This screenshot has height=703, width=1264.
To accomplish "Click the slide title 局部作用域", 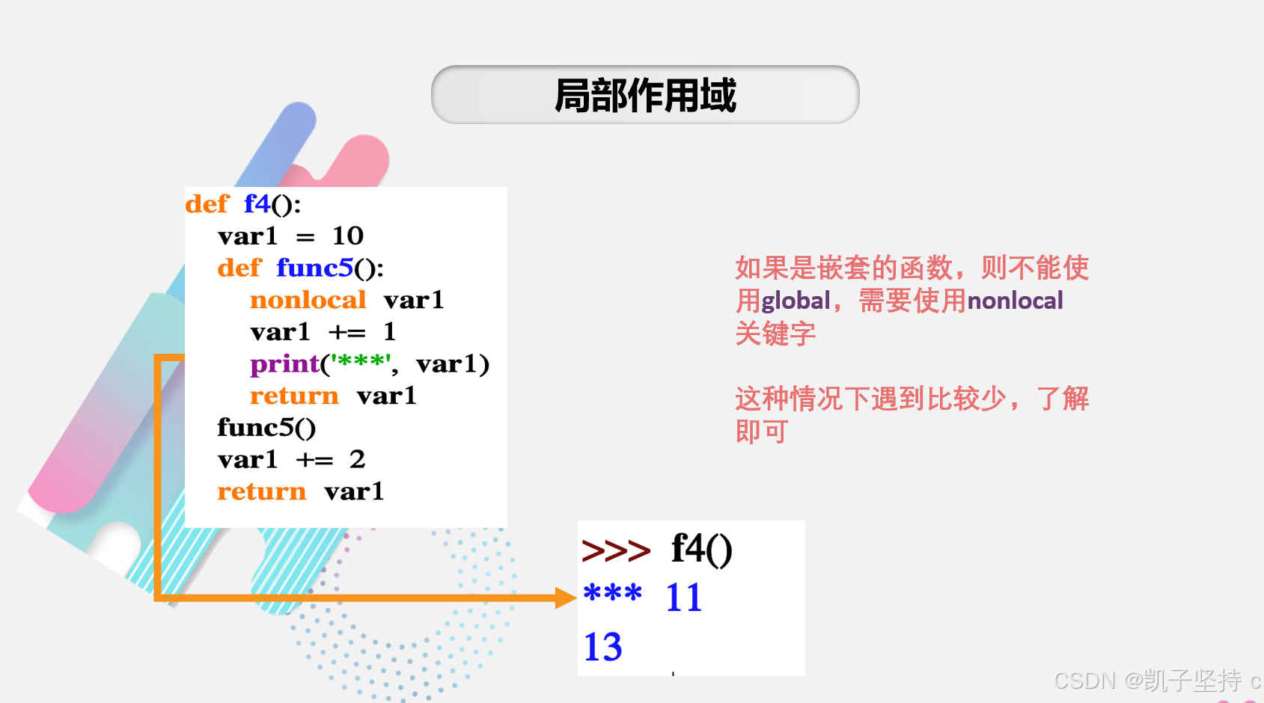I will [645, 96].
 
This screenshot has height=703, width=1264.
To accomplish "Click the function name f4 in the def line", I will [257, 203].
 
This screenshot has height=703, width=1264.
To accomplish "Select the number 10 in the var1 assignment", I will [348, 236].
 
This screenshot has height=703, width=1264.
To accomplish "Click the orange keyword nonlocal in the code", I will [308, 300].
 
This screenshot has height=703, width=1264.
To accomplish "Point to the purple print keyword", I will [284, 364].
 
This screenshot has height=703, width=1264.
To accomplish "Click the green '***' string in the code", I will [360, 363].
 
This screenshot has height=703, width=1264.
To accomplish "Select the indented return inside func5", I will [294, 396].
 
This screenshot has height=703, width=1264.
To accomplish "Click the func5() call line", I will [266, 428].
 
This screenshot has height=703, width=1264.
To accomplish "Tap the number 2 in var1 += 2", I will [358, 459].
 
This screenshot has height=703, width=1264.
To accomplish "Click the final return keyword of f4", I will [261, 491].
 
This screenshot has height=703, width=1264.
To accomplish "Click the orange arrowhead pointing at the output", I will [566, 598].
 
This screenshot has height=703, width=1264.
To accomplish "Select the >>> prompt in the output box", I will [616, 551].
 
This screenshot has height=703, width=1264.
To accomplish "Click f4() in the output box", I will [701, 550].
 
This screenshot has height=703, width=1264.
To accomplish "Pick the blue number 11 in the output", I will [684, 598].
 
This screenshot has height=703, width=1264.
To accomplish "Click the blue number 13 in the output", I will [602, 647].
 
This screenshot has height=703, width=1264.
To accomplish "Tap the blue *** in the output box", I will [612, 595].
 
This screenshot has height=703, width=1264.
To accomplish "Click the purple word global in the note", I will [796, 301].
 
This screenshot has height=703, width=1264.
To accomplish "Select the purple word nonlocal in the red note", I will [1015, 301].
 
